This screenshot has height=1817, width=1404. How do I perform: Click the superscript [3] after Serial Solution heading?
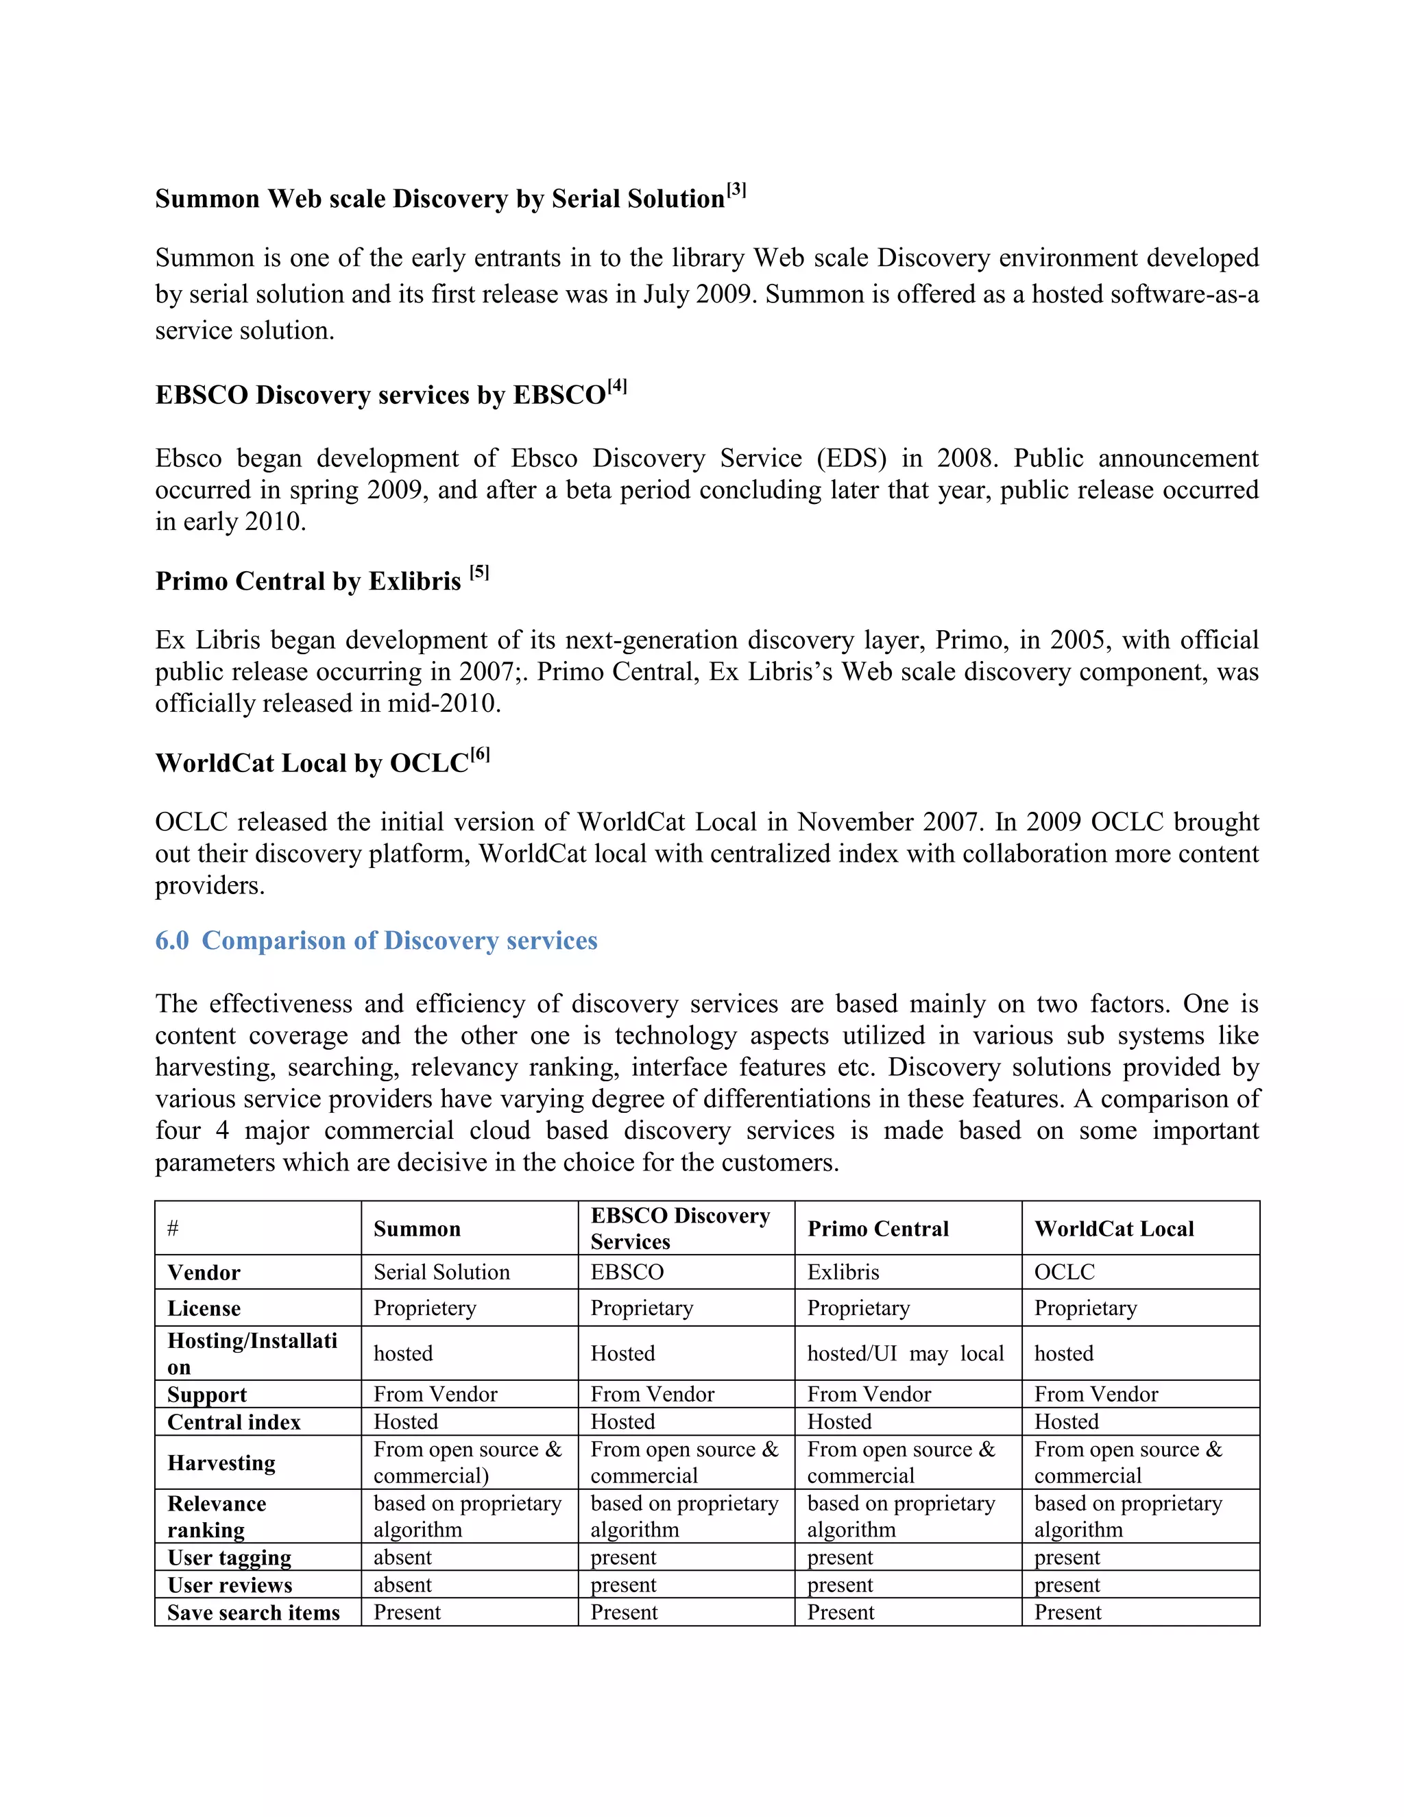pyautogui.click(x=736, y=191)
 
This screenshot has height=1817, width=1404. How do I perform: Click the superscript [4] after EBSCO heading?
pyautogui.click(x=616, y=387)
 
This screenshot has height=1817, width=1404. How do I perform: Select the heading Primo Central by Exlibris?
pyautogui.click(x=308, y=581)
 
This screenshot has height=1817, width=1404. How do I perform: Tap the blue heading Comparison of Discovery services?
pyautogui.click(x=399, y=940)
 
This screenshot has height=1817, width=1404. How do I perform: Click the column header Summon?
pyautogui.click(x=417, y=1229)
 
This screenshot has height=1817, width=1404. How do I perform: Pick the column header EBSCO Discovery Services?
pyautogui.click(x=679, y=1228)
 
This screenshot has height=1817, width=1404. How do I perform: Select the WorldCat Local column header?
pyautogui.click(x=1114, y=1229)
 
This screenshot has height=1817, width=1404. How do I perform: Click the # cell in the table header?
pyautogui.click(x=173, y=1229)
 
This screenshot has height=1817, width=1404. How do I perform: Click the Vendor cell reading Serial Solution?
pyautogui.click(x=441, y=1272)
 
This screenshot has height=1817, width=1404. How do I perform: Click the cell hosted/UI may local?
pyautogui.click(x=905, y=1353)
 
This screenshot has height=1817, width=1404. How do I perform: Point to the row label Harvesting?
pyautogui.click(x=221, y=1463)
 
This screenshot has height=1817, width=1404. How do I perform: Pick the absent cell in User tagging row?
pyautogui.click(x=402, y=1557)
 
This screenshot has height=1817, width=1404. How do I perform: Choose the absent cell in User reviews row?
pyautogui.click(x=402, y=1585)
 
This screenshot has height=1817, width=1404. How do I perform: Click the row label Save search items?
pyautogui.click(x=253, y=1613)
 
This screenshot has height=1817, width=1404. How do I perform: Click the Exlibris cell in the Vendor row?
pyautogui.click(x=843, y=1272)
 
